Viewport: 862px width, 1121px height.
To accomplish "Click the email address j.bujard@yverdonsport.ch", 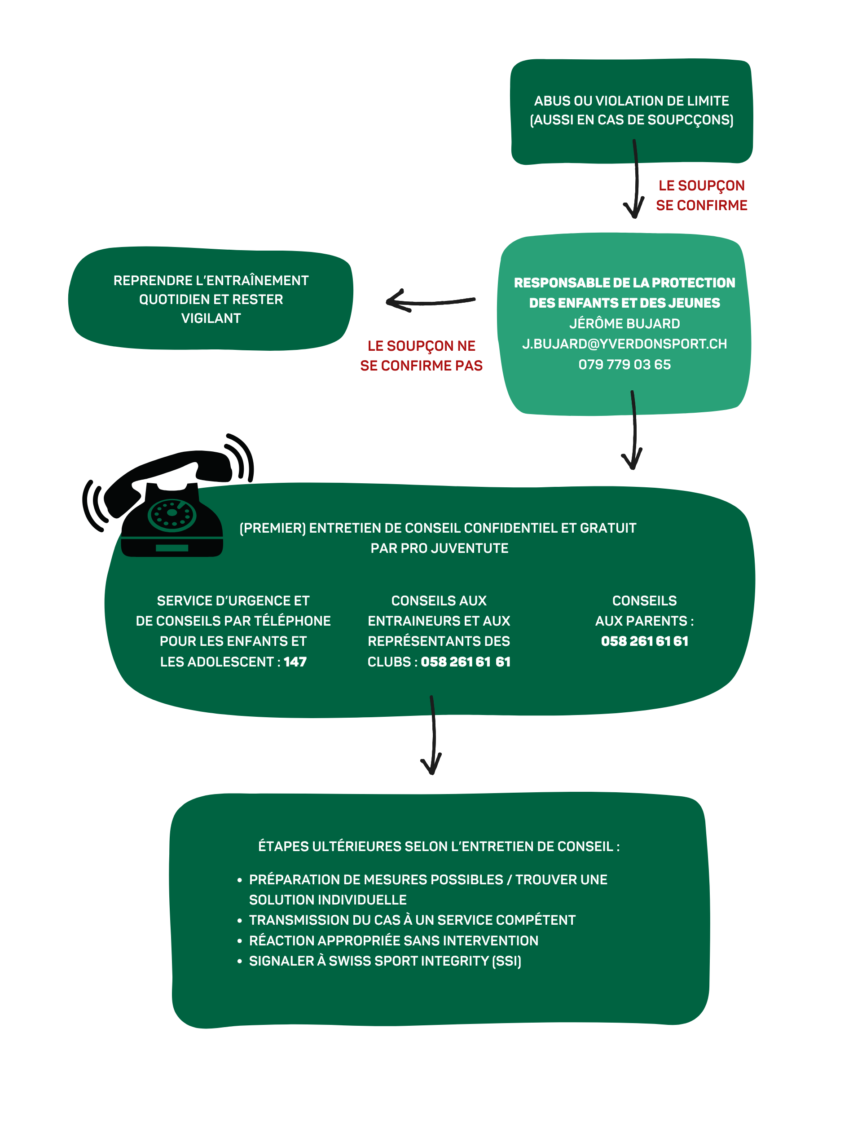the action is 625,344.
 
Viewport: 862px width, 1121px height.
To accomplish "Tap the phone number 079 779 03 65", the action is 625,364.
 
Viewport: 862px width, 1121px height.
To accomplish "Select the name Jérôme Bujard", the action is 625,323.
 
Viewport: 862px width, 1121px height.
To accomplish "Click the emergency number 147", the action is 295,662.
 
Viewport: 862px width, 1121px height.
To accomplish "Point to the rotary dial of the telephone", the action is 172,515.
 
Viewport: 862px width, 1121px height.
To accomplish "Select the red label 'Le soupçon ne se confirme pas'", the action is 421,356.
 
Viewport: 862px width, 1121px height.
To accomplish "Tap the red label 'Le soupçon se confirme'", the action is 701,195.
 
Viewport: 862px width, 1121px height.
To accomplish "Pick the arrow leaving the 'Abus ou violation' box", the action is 636,180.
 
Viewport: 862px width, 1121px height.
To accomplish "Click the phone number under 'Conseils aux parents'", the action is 644,641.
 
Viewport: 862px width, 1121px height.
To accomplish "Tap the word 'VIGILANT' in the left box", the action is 211,318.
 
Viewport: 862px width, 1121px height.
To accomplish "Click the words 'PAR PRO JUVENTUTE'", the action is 439,548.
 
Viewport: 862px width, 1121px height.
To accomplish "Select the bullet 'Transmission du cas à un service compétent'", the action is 412,920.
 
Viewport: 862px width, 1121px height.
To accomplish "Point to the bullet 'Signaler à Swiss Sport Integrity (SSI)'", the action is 385,961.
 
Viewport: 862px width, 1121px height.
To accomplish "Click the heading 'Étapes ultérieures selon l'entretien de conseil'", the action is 439,847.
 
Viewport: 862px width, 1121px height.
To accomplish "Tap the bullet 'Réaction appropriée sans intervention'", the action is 394,940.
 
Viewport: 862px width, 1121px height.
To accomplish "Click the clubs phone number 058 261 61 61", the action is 466,662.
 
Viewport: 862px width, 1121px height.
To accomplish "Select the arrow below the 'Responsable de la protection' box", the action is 634,430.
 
